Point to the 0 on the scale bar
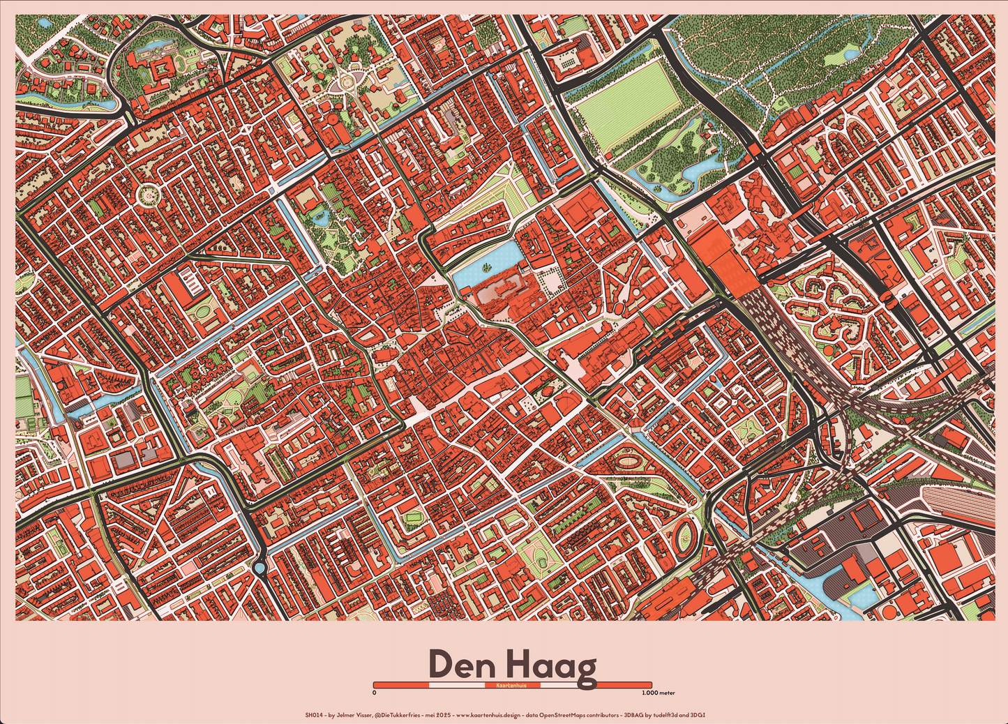(x=375, y=693)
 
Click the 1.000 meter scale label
(x=658, y=693)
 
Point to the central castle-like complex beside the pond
(x=506, y=296)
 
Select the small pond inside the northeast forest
(x=851, y=53)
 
